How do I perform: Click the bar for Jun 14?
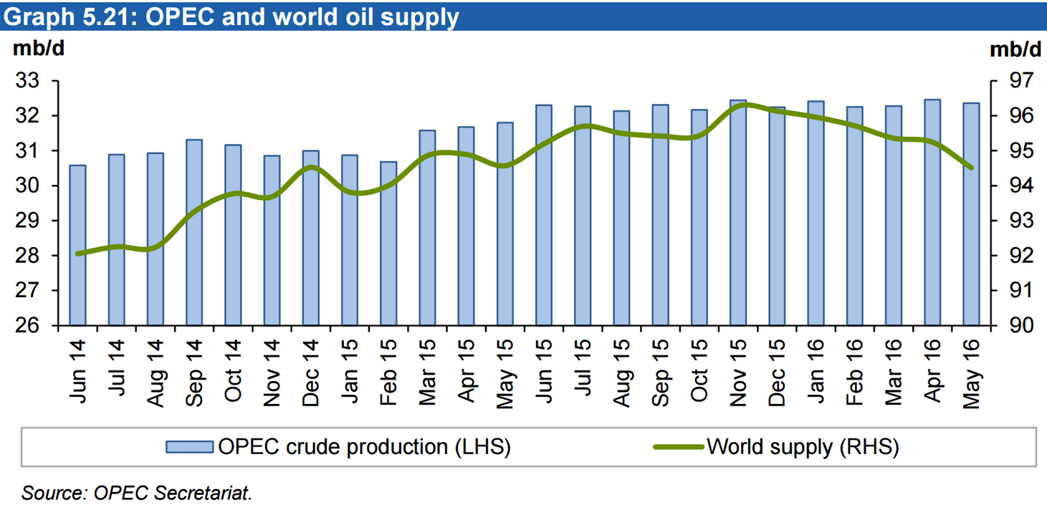pos(77,245)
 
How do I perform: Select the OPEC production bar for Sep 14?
pos(194,232)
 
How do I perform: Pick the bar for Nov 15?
pos(738,213)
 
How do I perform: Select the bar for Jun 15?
pos(544,215)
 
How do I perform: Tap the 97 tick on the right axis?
pos(1018,82)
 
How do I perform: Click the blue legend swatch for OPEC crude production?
pos(189,447)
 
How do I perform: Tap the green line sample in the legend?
pos(679,447)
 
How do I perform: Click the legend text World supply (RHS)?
pos(803,447)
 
